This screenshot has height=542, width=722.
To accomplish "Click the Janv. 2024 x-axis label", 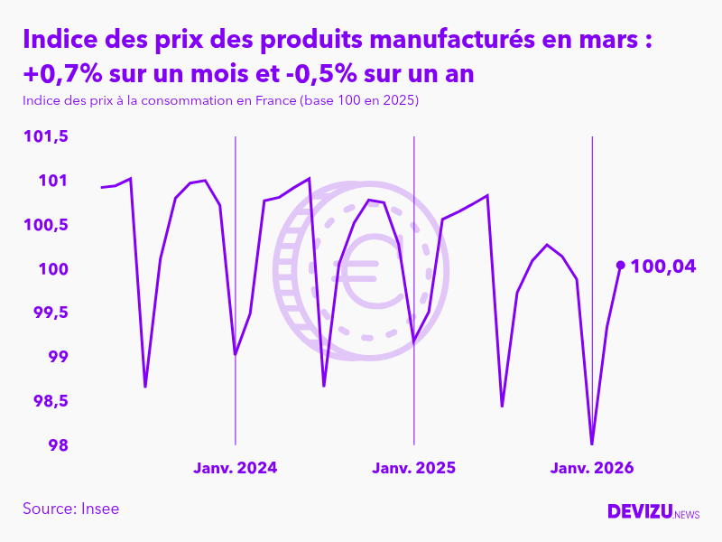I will point(236,468).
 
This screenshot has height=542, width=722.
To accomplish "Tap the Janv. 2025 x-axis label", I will point(413,468).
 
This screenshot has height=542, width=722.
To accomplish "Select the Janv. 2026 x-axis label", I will point(592,468).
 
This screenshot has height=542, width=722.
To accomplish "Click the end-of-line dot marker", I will point(620,265).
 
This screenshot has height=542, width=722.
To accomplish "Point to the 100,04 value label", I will point(663,266).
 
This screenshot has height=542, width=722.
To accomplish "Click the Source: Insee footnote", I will point(71,509).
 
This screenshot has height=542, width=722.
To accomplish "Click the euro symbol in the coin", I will point(367,271).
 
